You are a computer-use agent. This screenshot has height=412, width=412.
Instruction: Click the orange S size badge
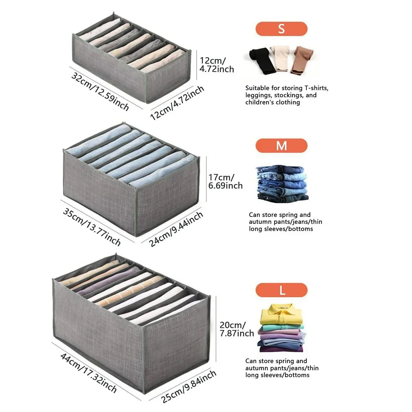click(x=282, y=28)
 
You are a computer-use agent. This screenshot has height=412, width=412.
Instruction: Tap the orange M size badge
click(x=282, y=146)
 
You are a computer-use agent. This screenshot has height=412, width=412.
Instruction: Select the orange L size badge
click(x=282, y=290)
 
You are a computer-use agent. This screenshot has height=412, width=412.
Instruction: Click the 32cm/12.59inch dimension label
click(x=100, y=92)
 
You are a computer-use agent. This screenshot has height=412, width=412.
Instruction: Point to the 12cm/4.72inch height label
click(x=217, y=65)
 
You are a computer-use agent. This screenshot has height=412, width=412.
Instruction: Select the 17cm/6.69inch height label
click(x=225, y=182)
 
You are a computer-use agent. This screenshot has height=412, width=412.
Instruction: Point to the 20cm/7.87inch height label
click(x=237, y=329)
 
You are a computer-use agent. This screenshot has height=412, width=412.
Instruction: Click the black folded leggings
click(x=262, y=61)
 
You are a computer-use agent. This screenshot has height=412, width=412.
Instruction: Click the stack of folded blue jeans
click(x=282, y=184)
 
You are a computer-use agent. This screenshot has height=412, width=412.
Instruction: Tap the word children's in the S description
click(x=259, y=102)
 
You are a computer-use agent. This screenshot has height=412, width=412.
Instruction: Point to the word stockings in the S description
click(x=288, y=95)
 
